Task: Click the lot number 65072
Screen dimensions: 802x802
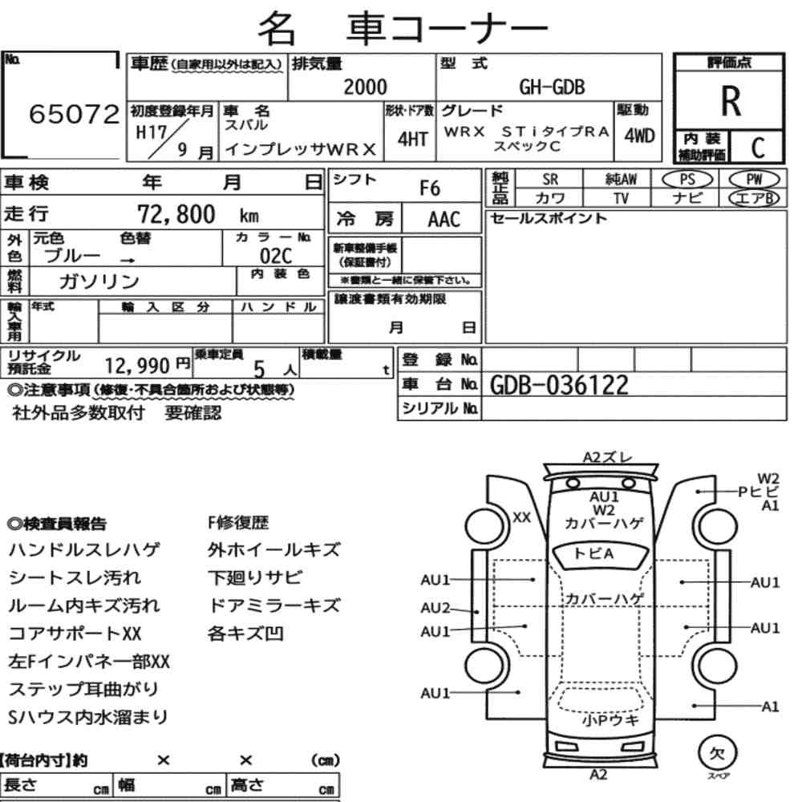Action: [x=74, y=114]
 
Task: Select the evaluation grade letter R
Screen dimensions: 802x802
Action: [x=731, y=101]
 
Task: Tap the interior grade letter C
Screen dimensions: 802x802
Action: [x=758, y=148]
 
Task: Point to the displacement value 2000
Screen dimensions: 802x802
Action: [x=365, y=87]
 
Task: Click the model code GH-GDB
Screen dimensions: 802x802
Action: [x=552, y=87]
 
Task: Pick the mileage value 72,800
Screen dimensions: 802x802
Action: [x=176, y=214]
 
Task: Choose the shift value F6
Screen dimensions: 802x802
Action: [x=430, y=188]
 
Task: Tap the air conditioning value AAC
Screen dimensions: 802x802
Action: [x=444, y=220]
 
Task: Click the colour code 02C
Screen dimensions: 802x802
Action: [x=276, y=256]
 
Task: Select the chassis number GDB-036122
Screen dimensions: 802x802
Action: [x=559, y=385]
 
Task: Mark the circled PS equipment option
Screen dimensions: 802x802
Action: [x=687, y=180]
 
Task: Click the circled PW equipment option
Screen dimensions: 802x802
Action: [x=754, y=180]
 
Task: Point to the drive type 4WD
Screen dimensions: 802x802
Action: [x=639, y=136]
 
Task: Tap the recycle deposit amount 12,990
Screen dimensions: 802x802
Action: [x=137, y=366]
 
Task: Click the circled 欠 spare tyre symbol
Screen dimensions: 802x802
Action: [x=717, y=753]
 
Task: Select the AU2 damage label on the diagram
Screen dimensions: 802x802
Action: [x=435, y=608]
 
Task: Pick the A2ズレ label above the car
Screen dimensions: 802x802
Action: [x=608, y=457]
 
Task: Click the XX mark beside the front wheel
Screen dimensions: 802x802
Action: [x=522, y=517]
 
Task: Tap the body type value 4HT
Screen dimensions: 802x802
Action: [x=413, y=139]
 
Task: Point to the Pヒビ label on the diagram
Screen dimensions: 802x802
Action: [x=758, y=492]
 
